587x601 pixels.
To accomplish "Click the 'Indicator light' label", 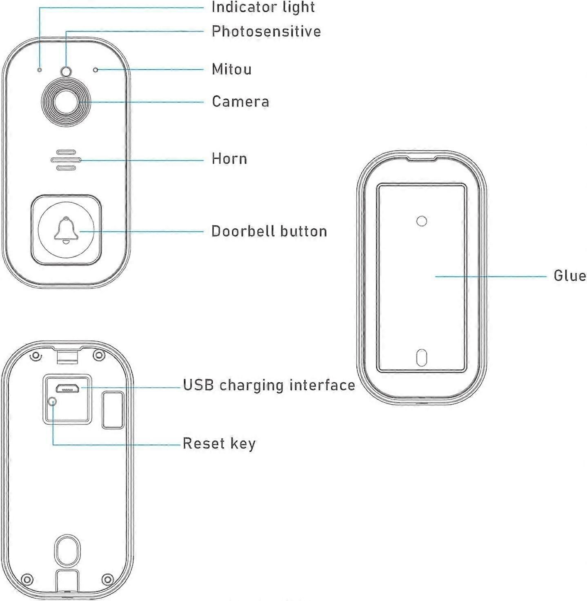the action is pyautogui.click(x=263, y=7).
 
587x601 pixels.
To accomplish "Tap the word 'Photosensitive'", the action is pyautogui.click(x=266, y=31).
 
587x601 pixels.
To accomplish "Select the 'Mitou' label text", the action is pyautogui.click(x=232, y=69).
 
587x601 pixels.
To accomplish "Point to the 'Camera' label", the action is pyautogui.click(x=240, y=102).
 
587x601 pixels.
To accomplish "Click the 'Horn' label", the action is pyautogui.click(x=229, y=159).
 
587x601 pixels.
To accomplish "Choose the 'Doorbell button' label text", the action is pyautogui.click(x=269, y=231).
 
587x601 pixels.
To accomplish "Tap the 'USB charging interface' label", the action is pyautogui.click(x=269, y=386).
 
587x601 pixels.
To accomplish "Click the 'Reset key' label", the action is pyautogui.click(x=219, y=444).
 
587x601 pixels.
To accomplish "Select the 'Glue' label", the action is pyautogui.click(x=570, y=276).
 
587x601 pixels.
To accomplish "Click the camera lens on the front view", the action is pyautogui.click(x=66, y=102).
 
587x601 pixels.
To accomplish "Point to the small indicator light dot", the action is pyautogui.click(x=40, y=69).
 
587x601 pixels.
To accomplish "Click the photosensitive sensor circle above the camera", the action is pyautogui.click(x=66, y=71).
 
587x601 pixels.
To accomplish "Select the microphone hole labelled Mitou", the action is pyautogui.click(x=96, y=70).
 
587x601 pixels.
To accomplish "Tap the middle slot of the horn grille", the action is pyautogui.click(x=66, y=160).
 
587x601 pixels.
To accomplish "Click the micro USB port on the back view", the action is pyautogui.click(x=67, y=388).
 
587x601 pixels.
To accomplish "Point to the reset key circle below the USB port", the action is pyautogui.click(x=53, y=401).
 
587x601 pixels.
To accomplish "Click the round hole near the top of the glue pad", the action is pyautogui.click(x=422, y=221).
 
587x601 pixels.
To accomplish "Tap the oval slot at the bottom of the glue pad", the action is pyautogui.click(x=422, y=358).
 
